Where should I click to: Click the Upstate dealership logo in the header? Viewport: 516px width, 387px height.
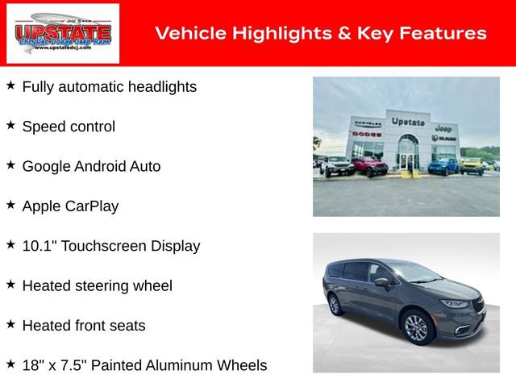click(63, 33)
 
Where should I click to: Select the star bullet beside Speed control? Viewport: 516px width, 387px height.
click(10, 125)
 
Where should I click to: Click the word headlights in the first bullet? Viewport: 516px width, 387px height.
click(157, 86)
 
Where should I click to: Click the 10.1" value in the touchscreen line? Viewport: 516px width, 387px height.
click(37, 246)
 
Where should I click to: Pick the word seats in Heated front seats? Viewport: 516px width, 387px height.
click(127, 326)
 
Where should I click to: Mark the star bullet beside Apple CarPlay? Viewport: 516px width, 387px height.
click(10, 205)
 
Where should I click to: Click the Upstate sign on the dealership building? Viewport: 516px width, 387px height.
click(408, 121)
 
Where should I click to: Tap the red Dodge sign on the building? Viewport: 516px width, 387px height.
click(367, 133)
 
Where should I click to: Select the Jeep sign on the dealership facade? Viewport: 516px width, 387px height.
click(443, 128)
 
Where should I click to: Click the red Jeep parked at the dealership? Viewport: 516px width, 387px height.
click(369, 167)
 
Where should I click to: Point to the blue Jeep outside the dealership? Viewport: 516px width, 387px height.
click(443, 166)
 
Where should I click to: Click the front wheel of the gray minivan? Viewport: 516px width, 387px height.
click(416, 329)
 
